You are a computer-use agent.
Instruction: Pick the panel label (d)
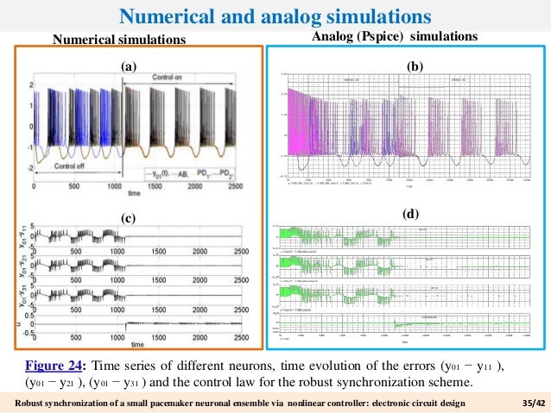412,212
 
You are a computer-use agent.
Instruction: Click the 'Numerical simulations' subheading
119,40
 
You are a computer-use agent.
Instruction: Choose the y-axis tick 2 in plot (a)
30,84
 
